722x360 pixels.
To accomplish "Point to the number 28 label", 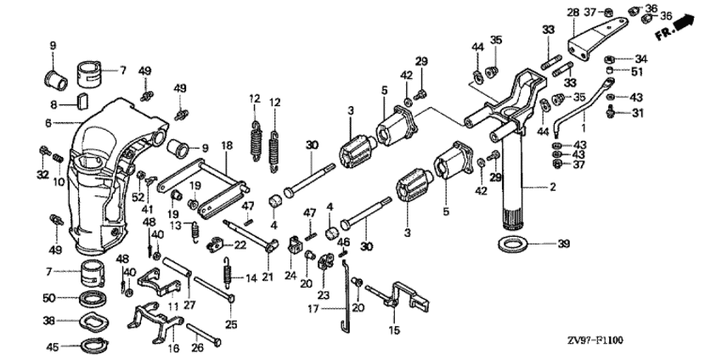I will coord(573,12).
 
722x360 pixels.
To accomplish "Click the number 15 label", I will coord(394,330).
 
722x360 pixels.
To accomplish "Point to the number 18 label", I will coord(227,146).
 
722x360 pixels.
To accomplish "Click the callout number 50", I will coord(48,297).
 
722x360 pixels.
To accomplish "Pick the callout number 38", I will coord(48,321).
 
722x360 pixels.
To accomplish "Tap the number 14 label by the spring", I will coord(251,278).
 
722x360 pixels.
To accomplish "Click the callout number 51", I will coord(638,71).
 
